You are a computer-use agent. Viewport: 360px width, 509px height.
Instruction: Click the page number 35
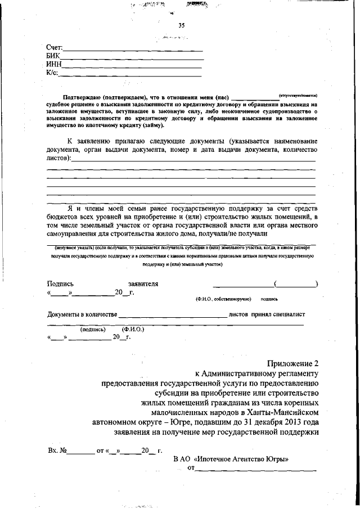coord(181,25)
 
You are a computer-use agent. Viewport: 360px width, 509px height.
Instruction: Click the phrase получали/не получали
coord(238,233)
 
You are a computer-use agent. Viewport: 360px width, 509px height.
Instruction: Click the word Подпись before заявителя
coord(60,284)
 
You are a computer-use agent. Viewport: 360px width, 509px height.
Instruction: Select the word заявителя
coord(143,284)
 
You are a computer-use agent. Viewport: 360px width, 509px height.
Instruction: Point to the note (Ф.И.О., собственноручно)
coord(223,299)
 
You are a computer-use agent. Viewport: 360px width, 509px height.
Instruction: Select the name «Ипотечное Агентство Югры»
coord(243,459)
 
